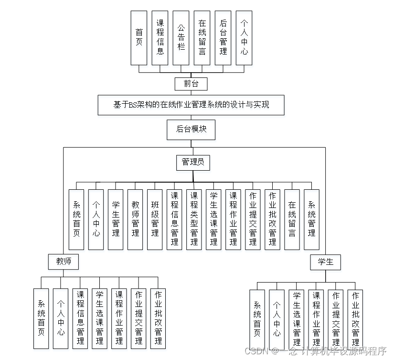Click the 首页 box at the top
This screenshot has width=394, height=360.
(139, 38)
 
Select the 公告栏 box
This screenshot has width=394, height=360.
(181, 38)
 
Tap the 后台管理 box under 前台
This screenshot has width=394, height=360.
(223, 38)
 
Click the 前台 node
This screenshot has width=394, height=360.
(191, 84)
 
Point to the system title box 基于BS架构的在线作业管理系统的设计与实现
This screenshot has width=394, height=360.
(192, 105)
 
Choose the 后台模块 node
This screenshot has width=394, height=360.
(191, 129)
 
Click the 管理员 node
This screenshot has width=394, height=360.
(193, 163)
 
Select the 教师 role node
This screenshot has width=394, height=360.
(64, 262)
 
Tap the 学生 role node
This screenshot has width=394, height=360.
(326, 262)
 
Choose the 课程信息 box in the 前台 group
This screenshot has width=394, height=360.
(160, 38)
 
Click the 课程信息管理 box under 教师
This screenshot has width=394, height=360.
(80, 318)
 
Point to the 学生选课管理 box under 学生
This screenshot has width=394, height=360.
(297, 318)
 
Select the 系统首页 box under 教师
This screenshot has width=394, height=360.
(41, 318)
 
